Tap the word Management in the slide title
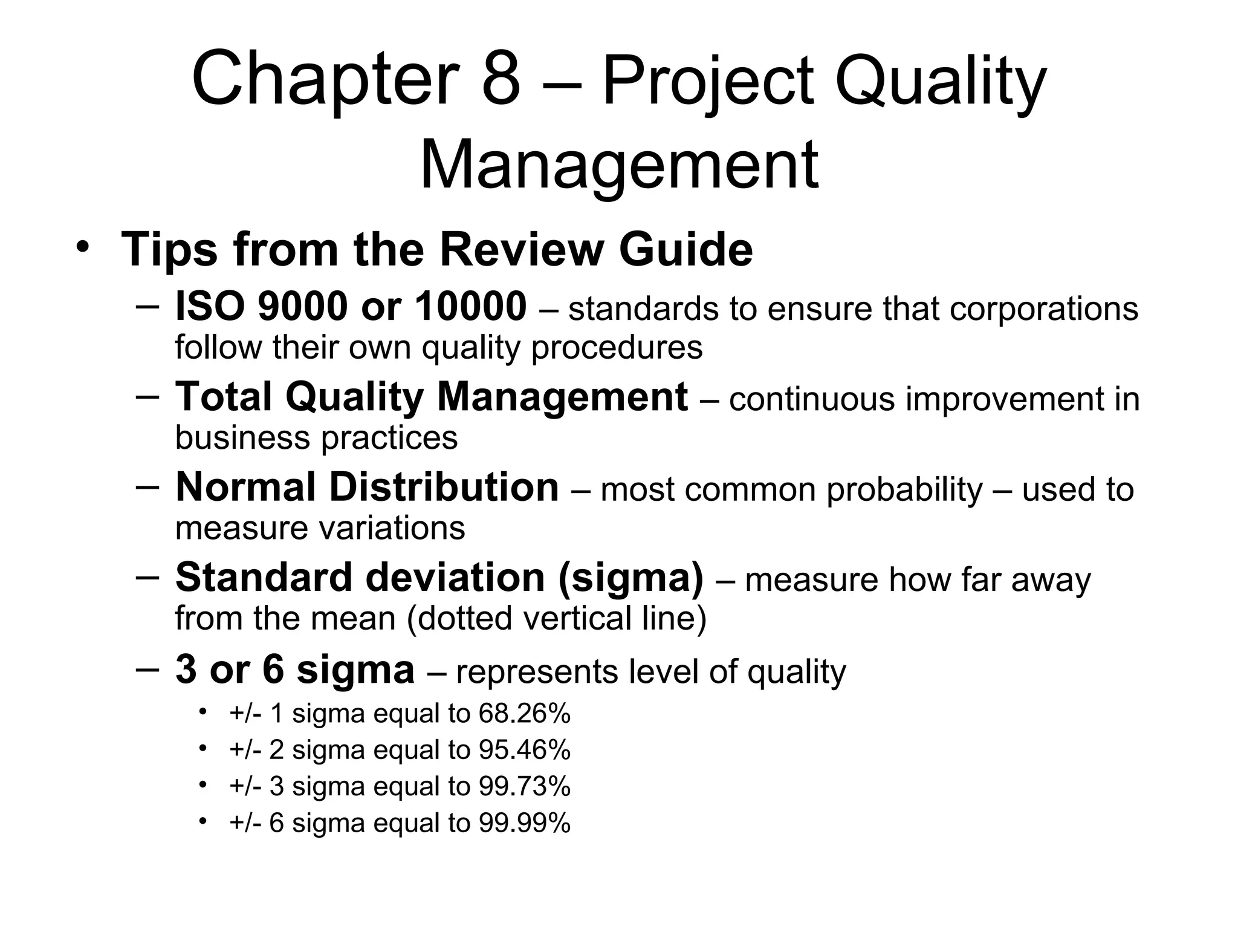(x=618, y=165)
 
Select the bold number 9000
(x=303, y=307)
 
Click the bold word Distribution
(x=444, y=487)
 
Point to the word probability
(x=904, y=489)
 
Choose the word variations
(x=392, y=527)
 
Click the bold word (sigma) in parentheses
(x=631, y=578)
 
